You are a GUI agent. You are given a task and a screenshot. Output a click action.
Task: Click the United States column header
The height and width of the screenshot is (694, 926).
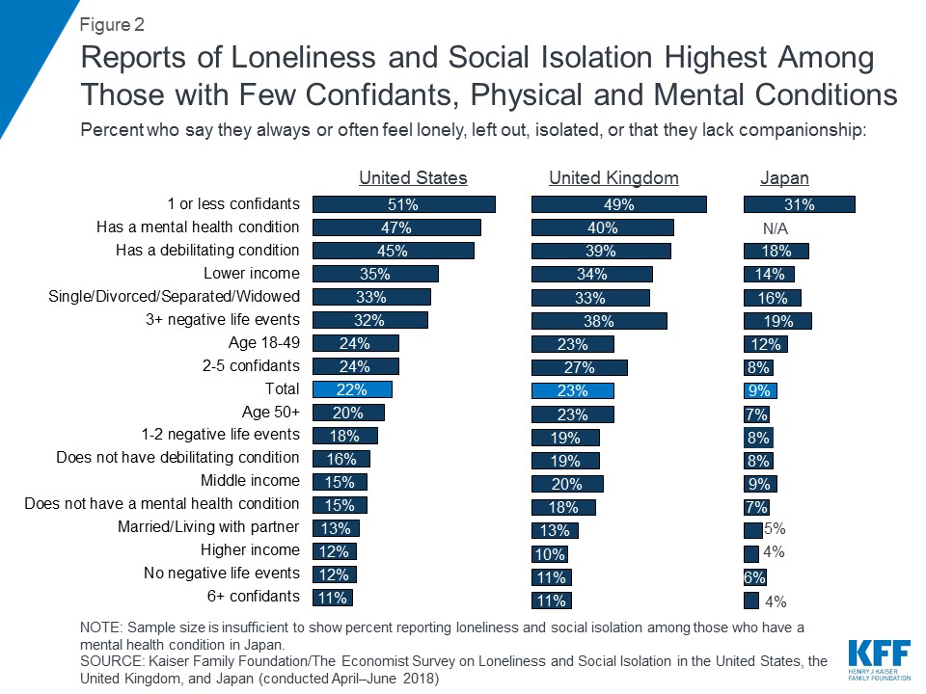tap(413, 178)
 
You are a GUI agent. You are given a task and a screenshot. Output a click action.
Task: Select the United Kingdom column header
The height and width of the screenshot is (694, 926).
tap(613, 178)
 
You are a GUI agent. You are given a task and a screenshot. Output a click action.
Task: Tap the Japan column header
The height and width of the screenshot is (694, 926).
tap(784, 178)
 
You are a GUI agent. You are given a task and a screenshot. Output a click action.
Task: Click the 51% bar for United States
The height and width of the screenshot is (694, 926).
tap(403, 204)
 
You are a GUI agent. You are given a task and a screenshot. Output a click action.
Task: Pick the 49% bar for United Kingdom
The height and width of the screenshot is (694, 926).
tap(619, 204)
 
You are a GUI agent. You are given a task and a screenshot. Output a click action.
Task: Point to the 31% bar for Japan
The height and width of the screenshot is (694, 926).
tap(799, 204)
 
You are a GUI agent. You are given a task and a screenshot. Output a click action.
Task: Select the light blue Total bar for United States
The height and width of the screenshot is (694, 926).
tap(352, 389)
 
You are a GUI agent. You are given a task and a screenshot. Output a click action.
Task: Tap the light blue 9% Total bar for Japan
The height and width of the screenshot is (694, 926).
tap(760, 389)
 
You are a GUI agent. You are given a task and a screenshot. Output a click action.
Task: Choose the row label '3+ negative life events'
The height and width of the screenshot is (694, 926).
tap(224, 320)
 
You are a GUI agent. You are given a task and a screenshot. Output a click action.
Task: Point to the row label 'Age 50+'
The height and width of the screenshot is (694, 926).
tap(270, 412)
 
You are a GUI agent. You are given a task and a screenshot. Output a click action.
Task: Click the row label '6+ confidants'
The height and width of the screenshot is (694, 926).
tap(248, 596)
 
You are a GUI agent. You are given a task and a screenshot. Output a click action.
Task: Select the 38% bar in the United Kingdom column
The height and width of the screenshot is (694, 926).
tap(599, 320)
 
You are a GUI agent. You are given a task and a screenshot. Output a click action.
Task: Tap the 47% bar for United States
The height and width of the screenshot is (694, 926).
tap(396, 227)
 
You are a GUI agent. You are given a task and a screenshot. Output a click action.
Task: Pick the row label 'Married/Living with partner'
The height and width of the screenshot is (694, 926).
tap(208, 527)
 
